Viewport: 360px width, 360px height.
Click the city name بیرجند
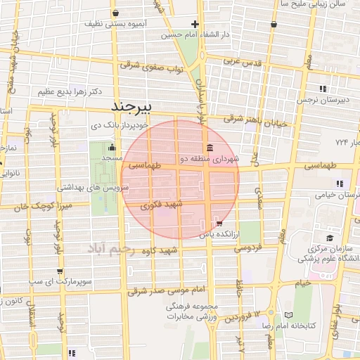pyautogui.click(x=141, y=107)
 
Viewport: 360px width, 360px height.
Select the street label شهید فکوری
pyautogui.click(x=162, y=205)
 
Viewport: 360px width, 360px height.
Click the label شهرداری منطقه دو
pyautogui.click(x=210, y=159)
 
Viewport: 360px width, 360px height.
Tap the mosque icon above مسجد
pyautogui.click(x=112, y=148)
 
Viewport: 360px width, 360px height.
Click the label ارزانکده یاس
pyautogui.click(x=215, y=233)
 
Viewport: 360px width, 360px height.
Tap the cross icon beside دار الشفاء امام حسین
pyautogui.click(x=194, y=23)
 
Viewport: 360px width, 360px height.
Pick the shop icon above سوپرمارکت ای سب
pyautogui.click(x=60, y=271)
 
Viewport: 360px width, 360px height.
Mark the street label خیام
pyautogui.click(x=302, y=283)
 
